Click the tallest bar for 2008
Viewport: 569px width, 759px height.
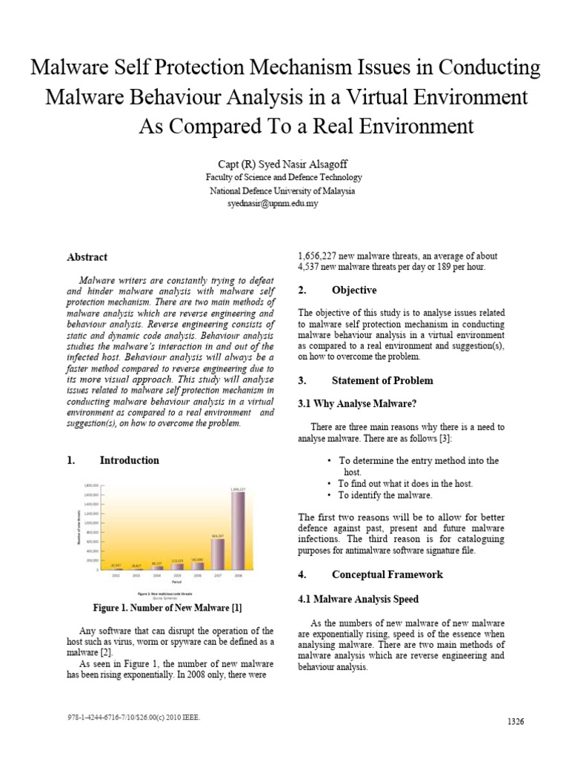point(238,531)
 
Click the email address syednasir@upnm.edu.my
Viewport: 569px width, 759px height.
point(272,203)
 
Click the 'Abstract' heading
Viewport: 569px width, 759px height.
point(87,257)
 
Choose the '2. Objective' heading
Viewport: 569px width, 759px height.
point(337,290)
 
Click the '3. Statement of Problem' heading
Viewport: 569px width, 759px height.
point(365,380)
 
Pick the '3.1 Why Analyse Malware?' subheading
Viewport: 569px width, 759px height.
point(347,403)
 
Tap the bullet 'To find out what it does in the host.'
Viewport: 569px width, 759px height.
point(405,483)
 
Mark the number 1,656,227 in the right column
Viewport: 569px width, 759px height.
point(323,255)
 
